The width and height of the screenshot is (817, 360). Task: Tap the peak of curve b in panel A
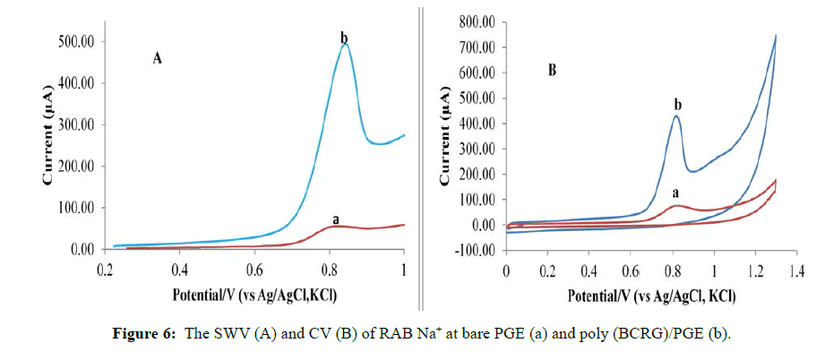click(345, 44)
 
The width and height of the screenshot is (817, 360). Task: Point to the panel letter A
click(157, 59)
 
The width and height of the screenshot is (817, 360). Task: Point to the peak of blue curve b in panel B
click(677, 116)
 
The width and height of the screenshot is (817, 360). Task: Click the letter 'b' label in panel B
click(678, 105)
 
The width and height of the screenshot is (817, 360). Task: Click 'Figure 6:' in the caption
click(149, 335)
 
